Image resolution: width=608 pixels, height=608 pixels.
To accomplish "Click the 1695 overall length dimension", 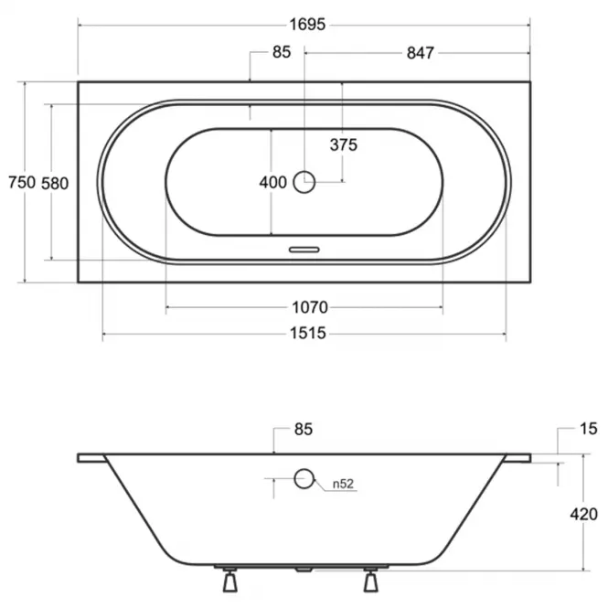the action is (307, 25).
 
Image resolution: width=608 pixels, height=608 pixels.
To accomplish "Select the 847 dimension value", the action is (421, 53).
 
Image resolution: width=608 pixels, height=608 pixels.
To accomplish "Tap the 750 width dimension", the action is (22, 182).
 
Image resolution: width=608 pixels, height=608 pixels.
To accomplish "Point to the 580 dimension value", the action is (55, 184).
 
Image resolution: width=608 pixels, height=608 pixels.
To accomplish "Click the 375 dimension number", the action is (344, 145).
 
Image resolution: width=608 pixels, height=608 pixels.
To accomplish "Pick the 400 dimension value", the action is (273, 182).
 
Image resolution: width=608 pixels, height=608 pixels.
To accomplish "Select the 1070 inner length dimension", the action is (310, 307).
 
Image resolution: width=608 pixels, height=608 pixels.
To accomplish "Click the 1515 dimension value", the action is (308, 334).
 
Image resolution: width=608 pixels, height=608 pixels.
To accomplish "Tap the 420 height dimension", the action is (584, 515).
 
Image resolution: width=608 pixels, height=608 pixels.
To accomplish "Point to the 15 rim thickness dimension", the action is (589, 429).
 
